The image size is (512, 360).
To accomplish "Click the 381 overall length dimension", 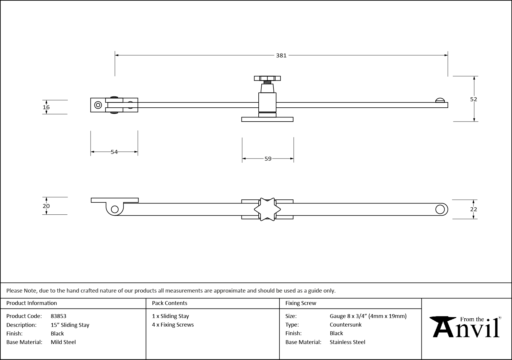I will tap(281, 55).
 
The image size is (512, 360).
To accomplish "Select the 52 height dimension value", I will tap(474, 99).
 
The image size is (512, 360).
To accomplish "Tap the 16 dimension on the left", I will tap(46, 107).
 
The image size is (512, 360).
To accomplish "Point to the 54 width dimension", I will tap(114, 152).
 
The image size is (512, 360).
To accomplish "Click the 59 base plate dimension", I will tap(268, 159).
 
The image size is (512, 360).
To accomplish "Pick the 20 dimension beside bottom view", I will tap(46, 206).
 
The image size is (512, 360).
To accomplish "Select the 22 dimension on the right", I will tap(474, 209).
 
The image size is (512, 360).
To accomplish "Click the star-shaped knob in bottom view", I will tap(267, 209).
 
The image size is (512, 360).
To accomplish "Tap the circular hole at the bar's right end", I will tap(440, 209).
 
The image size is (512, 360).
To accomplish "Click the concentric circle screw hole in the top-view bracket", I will tap(98, 105).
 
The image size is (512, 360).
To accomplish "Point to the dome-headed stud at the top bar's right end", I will tap(440, 100).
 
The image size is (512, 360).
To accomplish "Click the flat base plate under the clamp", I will tap(267, 120).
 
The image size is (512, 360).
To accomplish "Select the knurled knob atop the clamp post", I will tap(267, 78).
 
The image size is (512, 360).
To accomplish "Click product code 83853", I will tap(59, 316).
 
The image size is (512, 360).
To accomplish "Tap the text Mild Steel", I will tap(63, 342).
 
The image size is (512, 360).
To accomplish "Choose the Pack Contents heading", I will tap(170, 303).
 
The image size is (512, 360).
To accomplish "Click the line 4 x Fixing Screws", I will tap(173, 325).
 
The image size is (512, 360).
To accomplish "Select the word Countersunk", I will tap(346, 325).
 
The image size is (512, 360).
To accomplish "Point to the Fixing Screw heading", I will tap(301, 303).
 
